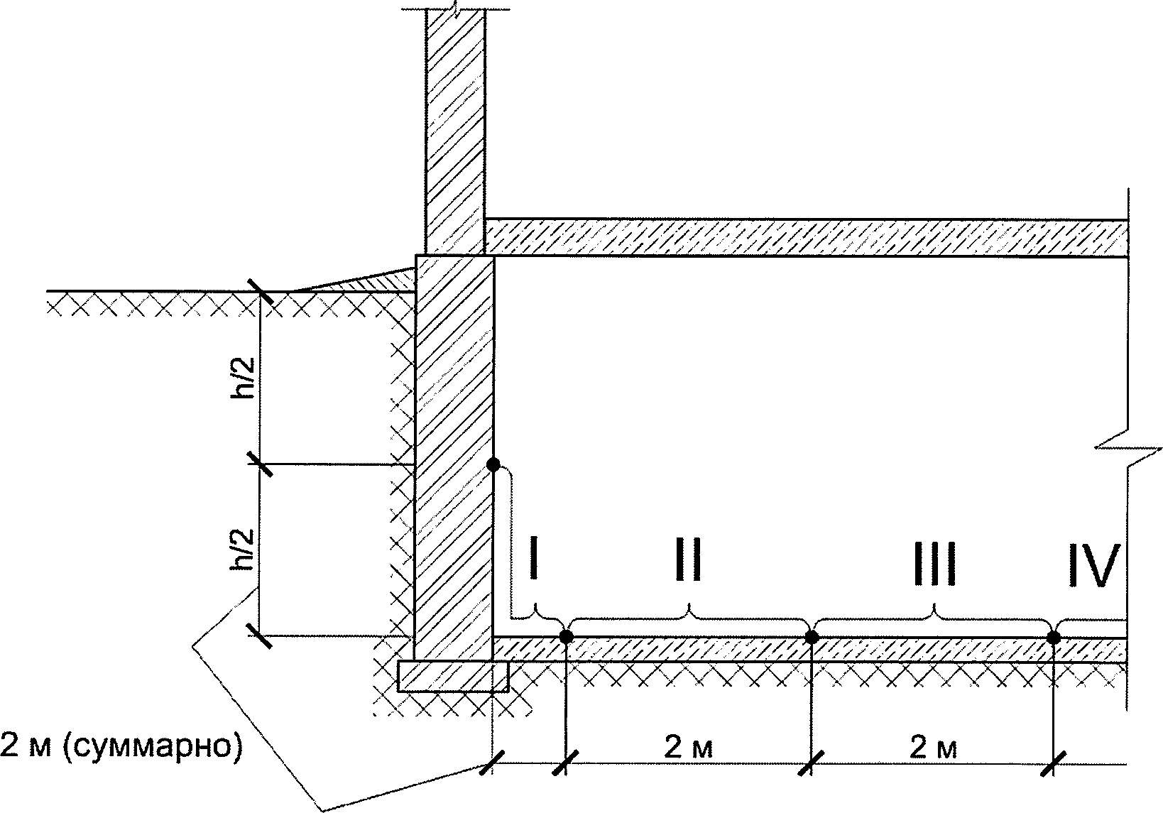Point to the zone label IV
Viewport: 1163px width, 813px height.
[1093, 566]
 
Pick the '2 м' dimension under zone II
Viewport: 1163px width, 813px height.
[688, 747]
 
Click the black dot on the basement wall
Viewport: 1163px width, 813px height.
[493, 465]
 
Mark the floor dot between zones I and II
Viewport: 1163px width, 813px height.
[566, 636]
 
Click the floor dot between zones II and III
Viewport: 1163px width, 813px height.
[812, 636]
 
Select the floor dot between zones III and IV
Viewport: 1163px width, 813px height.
[1054, 638]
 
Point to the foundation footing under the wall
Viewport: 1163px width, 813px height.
[454, 676]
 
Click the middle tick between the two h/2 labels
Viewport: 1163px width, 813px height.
[260, 465]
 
